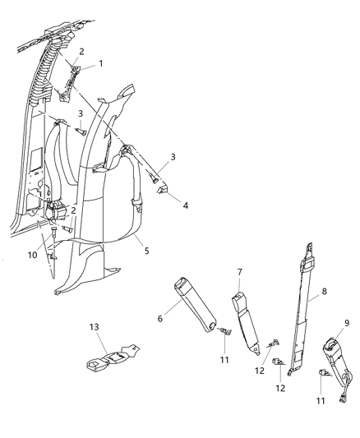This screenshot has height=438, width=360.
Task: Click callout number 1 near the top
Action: pyautogui.click(x=101, y=63)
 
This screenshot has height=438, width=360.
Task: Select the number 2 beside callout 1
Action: pyautogui.click(x=81, y=52)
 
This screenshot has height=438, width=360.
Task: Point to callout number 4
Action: pyautogui.click(x=185, y=206)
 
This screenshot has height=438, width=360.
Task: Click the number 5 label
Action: pyautogui.click(x=145, y=251)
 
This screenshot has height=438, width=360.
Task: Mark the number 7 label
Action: pyautogui.click(x=240, y=272)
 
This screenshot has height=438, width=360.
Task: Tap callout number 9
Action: pyautogui.click(x=346, y=324)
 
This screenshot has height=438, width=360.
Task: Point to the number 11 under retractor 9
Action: pyautogui.click(x=321, y=402)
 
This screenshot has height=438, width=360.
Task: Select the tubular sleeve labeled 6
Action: pyautogui.click(x=198, y=304)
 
